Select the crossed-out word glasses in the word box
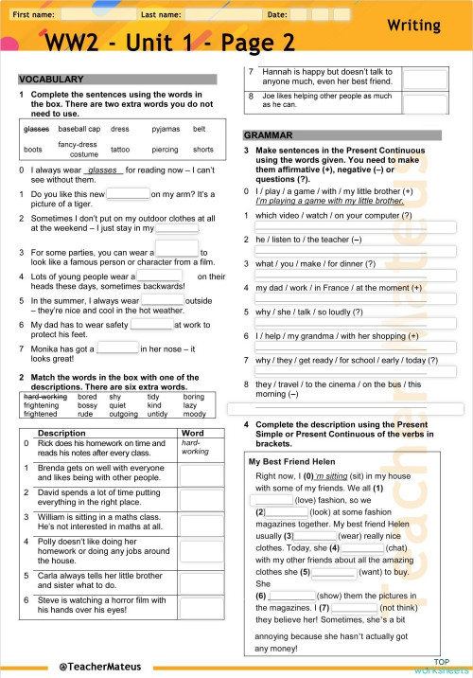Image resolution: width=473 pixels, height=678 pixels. tap(36, 129)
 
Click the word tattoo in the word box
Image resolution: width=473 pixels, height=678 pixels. tap(120, 150)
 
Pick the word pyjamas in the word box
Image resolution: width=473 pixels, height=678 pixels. tap(166, 129)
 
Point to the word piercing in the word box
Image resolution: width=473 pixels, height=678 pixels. tap(165, 150)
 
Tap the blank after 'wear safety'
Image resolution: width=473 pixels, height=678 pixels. tap(150, 324)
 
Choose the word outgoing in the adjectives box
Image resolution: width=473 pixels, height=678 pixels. tap(123, 414)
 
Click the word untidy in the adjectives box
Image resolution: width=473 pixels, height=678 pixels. tap(157, 414)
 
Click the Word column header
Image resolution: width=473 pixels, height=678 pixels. tap(192, 433)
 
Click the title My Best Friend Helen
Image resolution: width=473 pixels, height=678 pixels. tap(290, 461)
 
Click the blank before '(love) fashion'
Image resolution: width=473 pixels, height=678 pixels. tap(272, 498)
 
